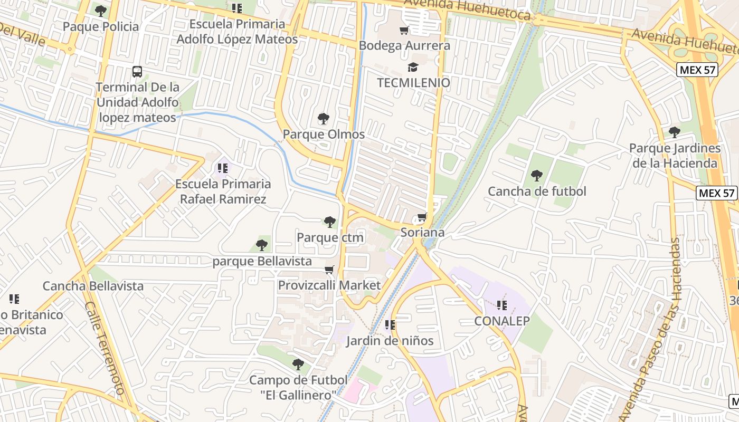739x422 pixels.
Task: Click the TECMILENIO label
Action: pos(413,83)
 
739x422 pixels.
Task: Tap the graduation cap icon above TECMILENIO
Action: pos(413,68)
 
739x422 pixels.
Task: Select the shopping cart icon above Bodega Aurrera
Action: pos(404,30)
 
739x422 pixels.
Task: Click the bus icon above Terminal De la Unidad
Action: pos(137,71)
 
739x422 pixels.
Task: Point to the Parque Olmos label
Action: pos(324,134)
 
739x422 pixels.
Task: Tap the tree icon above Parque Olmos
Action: pos(323,119)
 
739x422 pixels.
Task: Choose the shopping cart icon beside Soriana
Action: pos(422,217)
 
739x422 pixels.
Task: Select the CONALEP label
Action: pos(501,321)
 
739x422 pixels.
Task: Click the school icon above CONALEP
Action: pos(501,305)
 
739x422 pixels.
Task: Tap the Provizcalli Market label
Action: pos(329,285)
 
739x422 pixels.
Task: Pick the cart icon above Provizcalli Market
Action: pos(329,270)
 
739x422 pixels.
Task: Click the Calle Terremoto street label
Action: pos(105,348)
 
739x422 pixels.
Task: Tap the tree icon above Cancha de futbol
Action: pos(537,176)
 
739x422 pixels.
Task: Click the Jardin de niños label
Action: pos(390,341)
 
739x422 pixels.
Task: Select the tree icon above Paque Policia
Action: pos(100,11)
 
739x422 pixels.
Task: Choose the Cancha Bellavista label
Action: pos(93,286)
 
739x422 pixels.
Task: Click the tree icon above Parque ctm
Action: pos(330,222)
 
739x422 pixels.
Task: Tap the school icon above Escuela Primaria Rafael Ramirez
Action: pos(223,168)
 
